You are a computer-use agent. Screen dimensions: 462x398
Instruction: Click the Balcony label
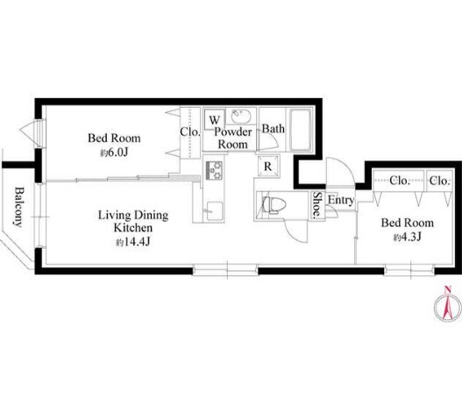tap(18, 207)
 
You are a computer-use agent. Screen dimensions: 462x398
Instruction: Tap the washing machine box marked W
tap(214, 119)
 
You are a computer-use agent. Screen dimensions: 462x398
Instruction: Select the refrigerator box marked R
tap(267, 167)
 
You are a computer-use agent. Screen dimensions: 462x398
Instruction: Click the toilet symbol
tap(274, 205)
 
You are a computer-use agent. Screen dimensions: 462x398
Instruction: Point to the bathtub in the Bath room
tap(300, 130)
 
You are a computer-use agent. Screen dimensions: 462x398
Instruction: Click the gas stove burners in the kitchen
tap(214, 171)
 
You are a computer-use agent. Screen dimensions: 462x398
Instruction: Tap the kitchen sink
tap(214, 210)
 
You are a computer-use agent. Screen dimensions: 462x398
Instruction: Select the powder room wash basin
tap(241, 117)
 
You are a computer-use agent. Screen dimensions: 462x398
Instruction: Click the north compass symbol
tap(448, 306)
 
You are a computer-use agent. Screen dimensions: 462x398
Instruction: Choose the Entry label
tap(341, 200)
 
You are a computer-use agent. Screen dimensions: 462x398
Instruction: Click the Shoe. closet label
tap(317, 206)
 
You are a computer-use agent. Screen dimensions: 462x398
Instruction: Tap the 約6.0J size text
tap(114, 153)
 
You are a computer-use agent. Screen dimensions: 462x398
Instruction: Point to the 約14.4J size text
tap(133, 242)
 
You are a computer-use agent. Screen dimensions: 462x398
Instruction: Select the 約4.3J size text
tap(407, 237)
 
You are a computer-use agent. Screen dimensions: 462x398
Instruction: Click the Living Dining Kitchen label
tap(133, 221)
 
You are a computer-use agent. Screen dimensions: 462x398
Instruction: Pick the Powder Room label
tap(233, 138)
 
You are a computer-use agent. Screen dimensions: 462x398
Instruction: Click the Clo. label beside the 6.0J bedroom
tap(190, 131)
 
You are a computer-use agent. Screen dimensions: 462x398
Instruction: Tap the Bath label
tap(274, 129)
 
